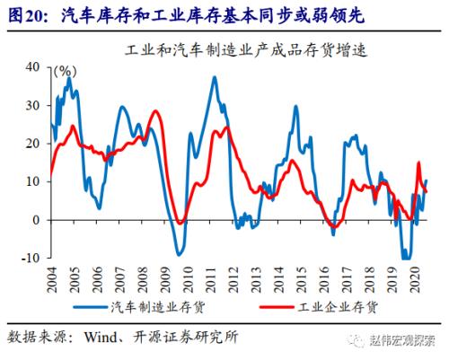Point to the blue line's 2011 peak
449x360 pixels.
(215, 77)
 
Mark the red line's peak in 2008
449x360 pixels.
(155, 112)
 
